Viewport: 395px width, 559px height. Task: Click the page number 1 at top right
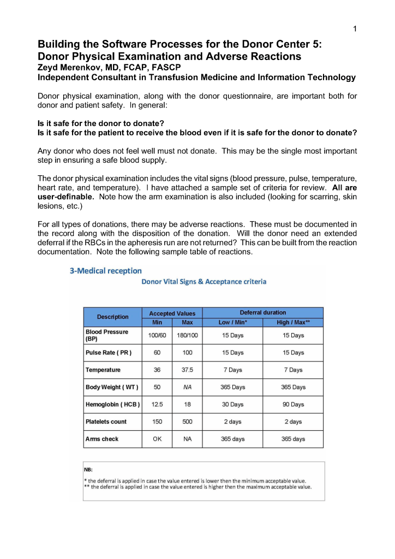point(355,29)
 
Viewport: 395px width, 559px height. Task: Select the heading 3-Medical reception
point(105,270)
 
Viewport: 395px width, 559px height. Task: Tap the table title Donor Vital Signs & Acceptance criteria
point(204,282)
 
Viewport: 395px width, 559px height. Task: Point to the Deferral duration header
point(262,313)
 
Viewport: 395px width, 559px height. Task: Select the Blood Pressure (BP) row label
point(107,335)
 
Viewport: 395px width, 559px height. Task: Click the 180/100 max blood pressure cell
point(187,335)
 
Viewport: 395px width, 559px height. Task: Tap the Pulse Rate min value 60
point(157,353)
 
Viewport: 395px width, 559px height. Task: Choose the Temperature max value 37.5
point(187,370)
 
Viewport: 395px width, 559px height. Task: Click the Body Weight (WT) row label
point(112,388)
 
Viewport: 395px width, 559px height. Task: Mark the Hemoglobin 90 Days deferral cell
point(293,405)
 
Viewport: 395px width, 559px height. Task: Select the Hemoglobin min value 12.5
point(157,405)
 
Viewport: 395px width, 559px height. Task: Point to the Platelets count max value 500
point(187,422)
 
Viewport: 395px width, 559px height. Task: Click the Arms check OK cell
point(157,439)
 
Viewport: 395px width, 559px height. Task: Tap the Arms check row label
point(102,439)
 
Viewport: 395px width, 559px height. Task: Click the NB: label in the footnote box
point(88,469)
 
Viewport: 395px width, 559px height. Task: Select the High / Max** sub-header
point(293,322)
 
